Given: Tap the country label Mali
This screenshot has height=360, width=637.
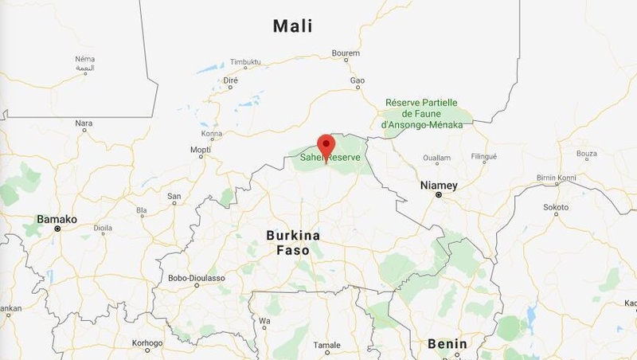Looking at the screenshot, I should (292, 26).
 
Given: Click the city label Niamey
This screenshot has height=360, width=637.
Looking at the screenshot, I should (439, 185).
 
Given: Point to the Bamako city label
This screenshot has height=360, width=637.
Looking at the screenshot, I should (57, 218).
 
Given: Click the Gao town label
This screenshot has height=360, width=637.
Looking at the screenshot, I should (358, 80).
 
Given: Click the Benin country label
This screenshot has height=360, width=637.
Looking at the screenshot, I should (447, 343).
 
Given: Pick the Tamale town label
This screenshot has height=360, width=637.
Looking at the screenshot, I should (326, 345).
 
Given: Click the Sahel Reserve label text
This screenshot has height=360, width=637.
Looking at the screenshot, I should (330, 158).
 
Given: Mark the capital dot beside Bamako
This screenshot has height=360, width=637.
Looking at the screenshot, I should (57, 229).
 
